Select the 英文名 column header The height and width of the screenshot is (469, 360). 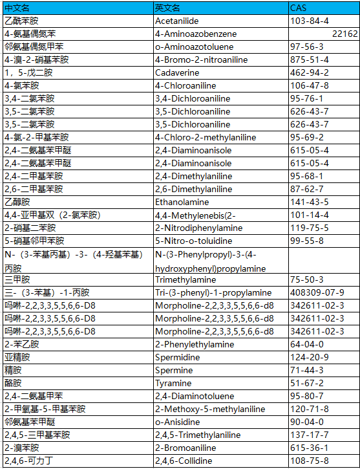(167, 8)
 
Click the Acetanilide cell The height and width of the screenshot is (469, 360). (176, 21)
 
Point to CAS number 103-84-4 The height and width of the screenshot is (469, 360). (309, 21)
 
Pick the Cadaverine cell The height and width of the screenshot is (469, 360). (175, 72)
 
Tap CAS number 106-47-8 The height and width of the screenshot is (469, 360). (309, 85)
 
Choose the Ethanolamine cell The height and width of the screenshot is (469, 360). (180, 202)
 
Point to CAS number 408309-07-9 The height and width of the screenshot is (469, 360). (321, 292)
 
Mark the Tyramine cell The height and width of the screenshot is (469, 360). (173, 383)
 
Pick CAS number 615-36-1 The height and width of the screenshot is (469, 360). (309, 448)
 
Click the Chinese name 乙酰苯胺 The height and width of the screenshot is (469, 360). (21, 21)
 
